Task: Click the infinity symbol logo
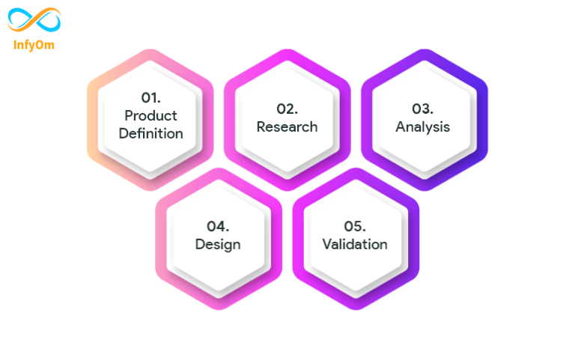tap(34, 19)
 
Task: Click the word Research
tap(287, 126)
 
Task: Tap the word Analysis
tap(423, 126)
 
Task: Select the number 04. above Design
tap(218, 225)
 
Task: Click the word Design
tap(218, 244)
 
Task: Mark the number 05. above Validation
tap(355, 225)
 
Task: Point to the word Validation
tap(355, 244)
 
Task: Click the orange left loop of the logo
tap(21, 19)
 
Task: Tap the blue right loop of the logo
tap(47, 19)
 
